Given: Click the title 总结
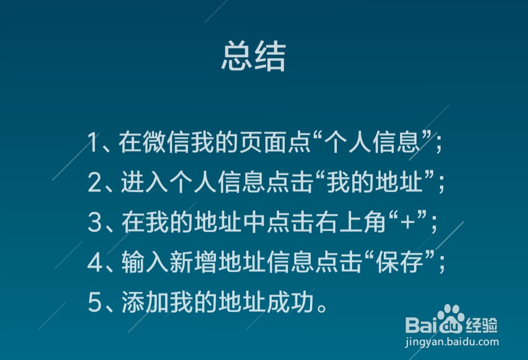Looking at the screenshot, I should (x=253, y=57).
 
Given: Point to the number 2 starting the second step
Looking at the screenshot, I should (x=95, y=184).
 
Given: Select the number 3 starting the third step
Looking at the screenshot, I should (x=95, y=223).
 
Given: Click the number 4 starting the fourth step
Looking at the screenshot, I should (x=95, y=264).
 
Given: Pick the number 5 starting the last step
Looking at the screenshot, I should (x=95, y=304).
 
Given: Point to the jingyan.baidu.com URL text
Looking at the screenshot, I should (x=452, y=342).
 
